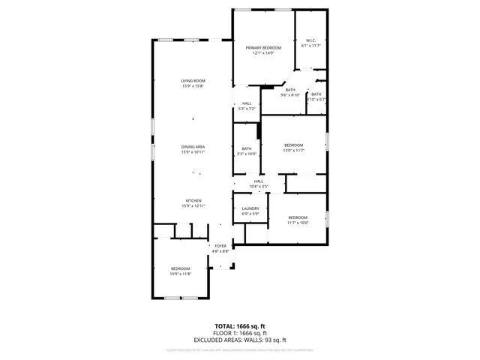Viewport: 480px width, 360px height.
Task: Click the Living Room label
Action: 193,80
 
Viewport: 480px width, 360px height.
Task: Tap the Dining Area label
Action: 193,146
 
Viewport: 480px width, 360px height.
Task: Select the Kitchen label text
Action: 193,199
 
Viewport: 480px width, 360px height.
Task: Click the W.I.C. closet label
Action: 310,40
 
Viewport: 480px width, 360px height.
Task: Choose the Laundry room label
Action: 250,208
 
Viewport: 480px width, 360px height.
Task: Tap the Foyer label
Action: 220,246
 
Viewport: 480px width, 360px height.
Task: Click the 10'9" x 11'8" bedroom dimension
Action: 180,274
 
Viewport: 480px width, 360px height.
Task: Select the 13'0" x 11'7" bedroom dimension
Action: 293,151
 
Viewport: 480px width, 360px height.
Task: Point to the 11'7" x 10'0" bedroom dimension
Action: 298,223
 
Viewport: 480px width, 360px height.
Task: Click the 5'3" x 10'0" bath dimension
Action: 247,154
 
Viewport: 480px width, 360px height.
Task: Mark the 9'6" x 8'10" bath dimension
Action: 290,95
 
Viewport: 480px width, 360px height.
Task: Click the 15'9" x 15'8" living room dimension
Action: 193,86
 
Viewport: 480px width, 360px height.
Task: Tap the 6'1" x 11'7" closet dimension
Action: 310,46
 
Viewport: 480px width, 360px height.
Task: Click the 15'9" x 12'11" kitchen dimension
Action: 193,205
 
